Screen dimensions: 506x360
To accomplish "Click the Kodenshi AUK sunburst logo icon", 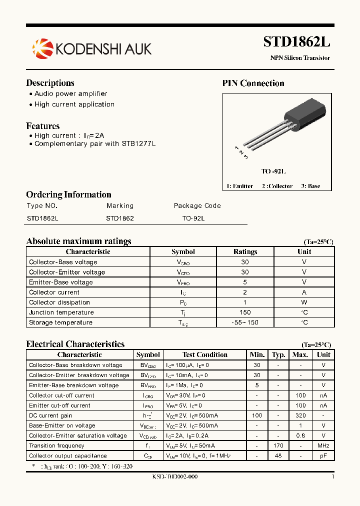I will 42,48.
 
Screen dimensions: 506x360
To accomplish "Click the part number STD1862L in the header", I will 296,42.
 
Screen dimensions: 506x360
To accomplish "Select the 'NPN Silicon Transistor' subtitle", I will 300,58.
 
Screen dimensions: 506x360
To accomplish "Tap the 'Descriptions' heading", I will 50,83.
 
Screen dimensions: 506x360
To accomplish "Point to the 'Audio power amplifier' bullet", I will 70,93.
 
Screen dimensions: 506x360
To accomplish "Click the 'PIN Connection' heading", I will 253,83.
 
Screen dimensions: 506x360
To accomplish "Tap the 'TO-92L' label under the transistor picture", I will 273,171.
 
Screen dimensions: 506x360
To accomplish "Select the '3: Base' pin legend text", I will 310,186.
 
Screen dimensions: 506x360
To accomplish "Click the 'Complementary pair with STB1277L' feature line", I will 95,143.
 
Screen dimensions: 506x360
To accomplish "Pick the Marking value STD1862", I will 120,218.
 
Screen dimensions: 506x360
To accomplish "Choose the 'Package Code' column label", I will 197,205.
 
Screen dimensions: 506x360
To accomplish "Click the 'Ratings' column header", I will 245,252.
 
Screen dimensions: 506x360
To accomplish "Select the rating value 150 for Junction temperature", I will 245,312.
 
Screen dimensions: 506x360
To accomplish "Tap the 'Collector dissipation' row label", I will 59,302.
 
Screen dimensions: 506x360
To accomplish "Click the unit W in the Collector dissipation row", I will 304,302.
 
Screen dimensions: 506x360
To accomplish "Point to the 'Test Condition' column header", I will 204,355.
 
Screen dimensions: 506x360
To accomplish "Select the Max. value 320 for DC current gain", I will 300,415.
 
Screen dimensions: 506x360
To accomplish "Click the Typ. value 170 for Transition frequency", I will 278,445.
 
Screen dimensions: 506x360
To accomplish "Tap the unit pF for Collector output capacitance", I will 323,455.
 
